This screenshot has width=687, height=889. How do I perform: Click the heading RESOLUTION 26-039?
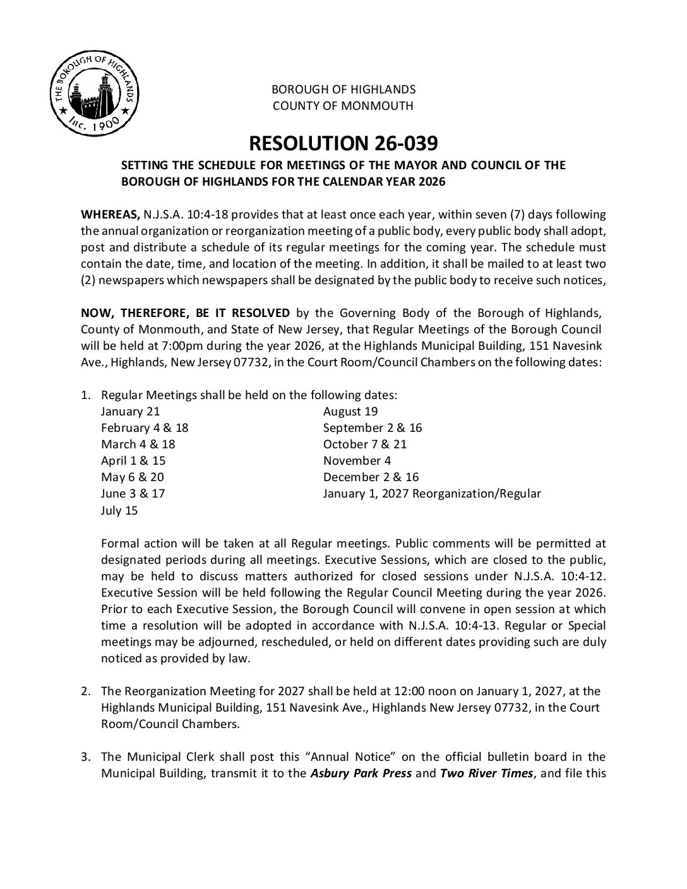(343, 143)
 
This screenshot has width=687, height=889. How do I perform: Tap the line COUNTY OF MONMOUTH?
(343, 105)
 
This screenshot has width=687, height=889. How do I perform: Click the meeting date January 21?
(131, 412)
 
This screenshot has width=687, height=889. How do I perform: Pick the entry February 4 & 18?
(145, 427)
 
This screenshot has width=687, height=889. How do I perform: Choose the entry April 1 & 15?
(133, 460)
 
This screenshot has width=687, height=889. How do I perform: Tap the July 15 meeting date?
(119, 510)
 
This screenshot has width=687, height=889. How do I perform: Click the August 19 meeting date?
(350, 412)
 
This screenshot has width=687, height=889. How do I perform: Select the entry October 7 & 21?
(365, 444)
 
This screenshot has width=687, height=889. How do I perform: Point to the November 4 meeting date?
(357, 460)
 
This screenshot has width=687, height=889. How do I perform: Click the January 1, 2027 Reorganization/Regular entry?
(432, 493)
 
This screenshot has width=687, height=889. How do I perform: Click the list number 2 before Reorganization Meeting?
(85, 691)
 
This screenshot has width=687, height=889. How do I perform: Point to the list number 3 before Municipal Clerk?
(85, 757)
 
